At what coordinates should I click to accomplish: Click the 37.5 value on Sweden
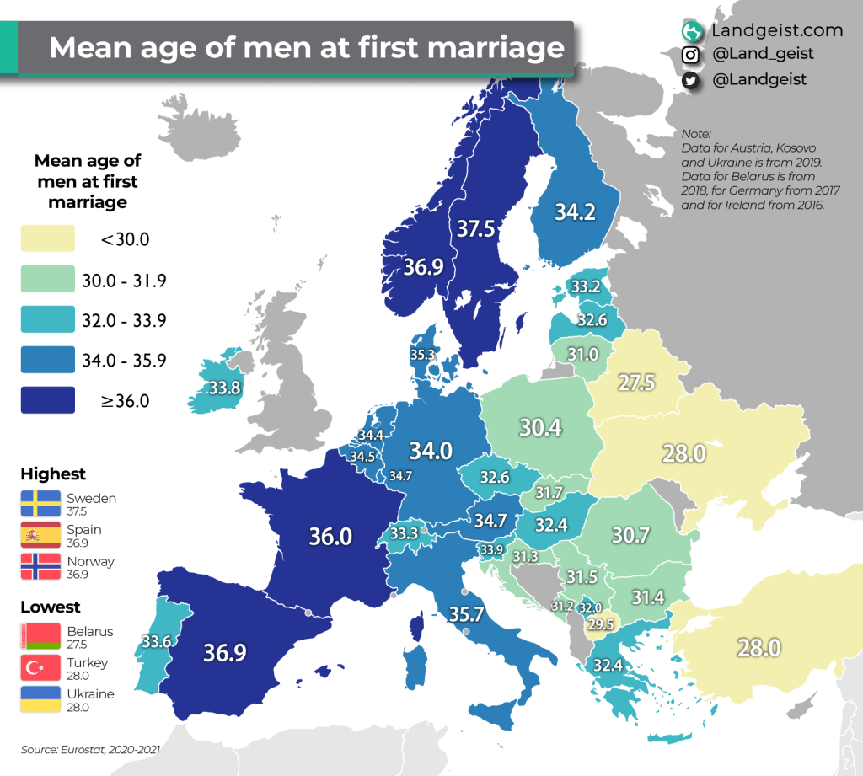coord(476,229)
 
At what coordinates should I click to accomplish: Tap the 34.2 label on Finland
coord(575,211)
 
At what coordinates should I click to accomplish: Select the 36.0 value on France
coord(330,537)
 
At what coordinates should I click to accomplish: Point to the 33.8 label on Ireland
coord(224,388)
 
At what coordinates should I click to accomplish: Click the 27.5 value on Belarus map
coord(635,382)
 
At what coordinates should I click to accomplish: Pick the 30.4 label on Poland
coord(539,428)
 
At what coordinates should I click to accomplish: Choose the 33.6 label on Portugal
coord(157,641)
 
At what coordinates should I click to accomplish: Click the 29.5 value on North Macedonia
coord(599,624)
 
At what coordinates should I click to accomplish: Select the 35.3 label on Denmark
coord(424,355)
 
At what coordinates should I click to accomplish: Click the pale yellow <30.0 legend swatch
coord(47,239)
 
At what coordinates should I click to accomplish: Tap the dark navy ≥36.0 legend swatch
coord(47,401)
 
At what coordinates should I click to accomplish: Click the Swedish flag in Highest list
coord(41,503)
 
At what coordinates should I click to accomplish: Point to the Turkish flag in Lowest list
coord(41,668)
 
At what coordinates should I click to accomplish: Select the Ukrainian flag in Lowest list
coord(41,699)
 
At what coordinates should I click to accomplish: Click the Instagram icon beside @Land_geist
coord(691,55)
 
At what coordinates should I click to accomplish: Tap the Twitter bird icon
coord(691,80)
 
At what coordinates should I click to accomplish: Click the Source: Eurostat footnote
coord(90,748)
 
